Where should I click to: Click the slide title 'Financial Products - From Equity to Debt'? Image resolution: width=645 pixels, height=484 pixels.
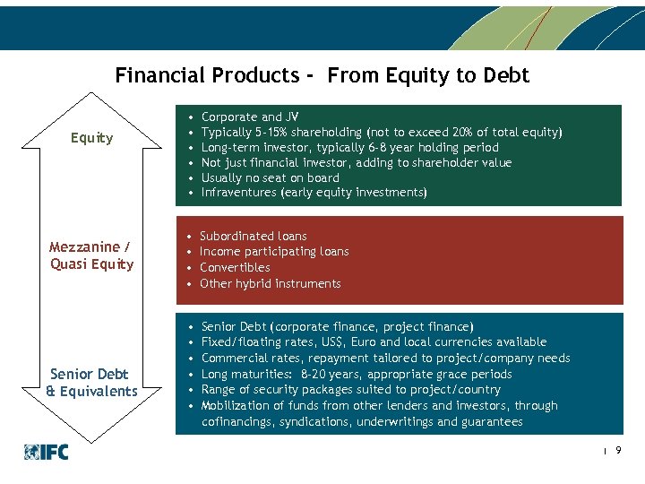click(x=322, y=75)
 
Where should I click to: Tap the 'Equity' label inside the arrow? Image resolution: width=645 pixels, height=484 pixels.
click(x=92, y=138)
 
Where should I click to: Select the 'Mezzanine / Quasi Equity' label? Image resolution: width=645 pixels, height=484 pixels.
click(x=92, y=255)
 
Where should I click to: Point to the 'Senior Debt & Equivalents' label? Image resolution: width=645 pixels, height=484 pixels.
click(x=92, y=383)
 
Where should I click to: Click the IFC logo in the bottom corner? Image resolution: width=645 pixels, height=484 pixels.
click(x=47, y=453)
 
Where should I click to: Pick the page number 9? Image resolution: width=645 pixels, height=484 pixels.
click(x=618, y=453)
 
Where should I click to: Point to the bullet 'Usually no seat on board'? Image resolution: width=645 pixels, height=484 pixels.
click(x=270, y=177)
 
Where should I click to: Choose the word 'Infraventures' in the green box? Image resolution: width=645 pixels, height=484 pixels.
click(x=239, y=193)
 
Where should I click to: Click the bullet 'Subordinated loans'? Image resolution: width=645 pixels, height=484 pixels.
click(x=254, y=236)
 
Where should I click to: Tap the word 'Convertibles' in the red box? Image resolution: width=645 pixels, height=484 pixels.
click(x=235, y=267)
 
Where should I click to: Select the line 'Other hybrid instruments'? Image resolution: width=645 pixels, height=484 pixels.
click(x=270, y=283)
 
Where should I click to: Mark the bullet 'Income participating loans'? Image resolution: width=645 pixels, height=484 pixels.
click(x=274, y=252)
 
